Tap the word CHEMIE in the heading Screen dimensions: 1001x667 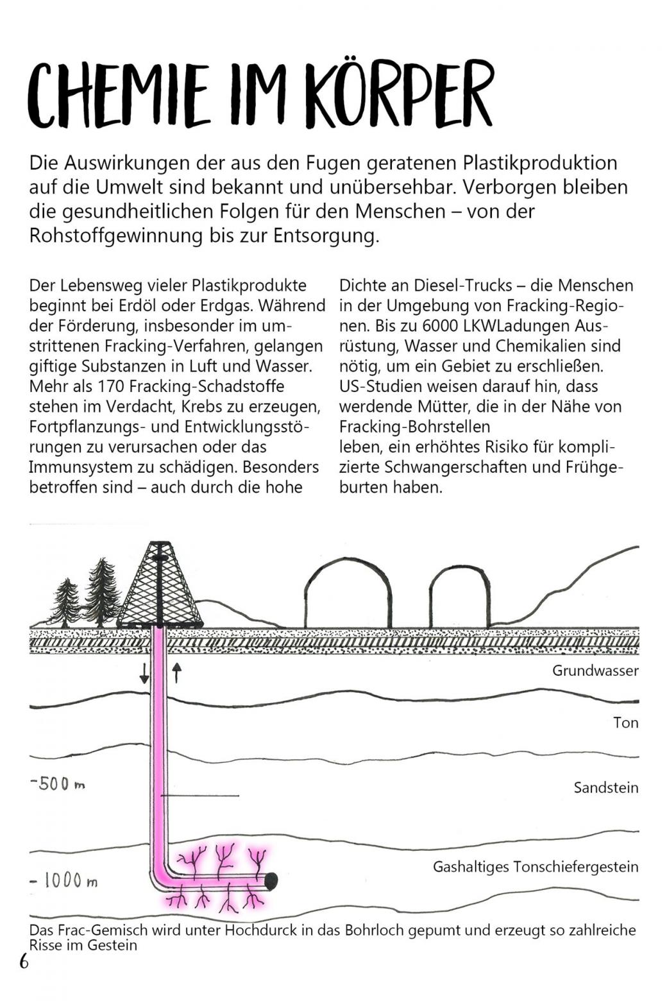click(119, 96)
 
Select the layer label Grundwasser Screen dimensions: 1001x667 click(595, 671)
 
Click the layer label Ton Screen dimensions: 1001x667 click(625, 723)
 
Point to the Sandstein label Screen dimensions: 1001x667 click(606, 787)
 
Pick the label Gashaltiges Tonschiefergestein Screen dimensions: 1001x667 click(536, 867)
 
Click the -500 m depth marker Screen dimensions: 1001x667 click(58, 784)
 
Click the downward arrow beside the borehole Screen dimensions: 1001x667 click(144, 672)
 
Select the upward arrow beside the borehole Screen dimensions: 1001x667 click(177, 672)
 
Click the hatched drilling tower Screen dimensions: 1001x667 click(160, 587)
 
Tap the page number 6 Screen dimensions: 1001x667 click(24, 962)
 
